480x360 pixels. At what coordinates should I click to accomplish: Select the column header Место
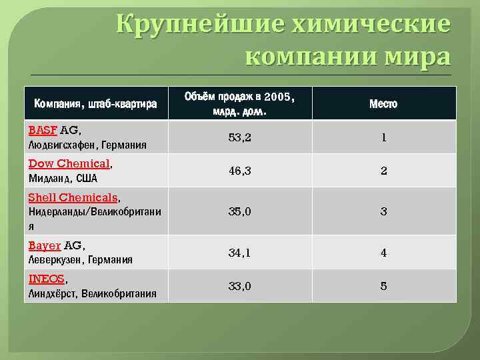[x=383, y=103]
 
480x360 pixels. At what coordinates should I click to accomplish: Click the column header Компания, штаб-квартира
[x=96, y=103]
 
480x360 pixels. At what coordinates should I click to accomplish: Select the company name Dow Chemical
[x=69, y=163]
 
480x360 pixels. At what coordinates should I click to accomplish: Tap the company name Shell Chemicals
[x=73, y=197]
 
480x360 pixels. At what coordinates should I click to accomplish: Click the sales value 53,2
[x=239, y=137]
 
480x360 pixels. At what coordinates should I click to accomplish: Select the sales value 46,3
[x=239, y=171]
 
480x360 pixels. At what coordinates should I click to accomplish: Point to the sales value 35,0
[x=239, y=212]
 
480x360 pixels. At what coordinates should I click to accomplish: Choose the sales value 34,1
[x=239, y=253]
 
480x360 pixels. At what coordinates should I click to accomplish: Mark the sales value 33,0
[x=239, y=286]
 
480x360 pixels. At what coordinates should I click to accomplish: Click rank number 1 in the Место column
[x=383, y=137]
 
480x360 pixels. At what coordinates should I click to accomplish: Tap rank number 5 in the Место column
[x=383, y=286]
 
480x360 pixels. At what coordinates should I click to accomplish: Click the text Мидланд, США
[x=63, y=178]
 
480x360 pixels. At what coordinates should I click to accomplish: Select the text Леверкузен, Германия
[x=80, y=260]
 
